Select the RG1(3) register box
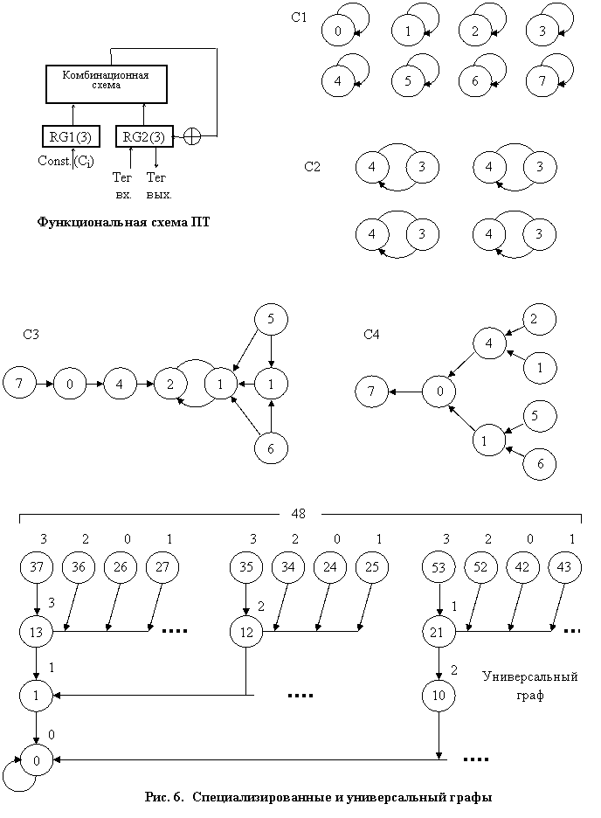point(71,136)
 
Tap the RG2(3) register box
point(144,136)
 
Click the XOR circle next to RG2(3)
point(192,136)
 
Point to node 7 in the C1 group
point(542,81)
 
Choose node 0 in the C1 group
point(338,31)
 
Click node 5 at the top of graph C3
point(271,319)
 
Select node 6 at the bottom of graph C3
point(271,447)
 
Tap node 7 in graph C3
point(19,384)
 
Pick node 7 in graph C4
point(371,392)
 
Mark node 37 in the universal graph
point(37,567)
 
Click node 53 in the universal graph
point(439,567)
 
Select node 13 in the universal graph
point(36,632)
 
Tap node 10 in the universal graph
point(439,696)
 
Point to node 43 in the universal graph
point(564,567)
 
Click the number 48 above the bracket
point(299,514)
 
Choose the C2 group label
point(312,167)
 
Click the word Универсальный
point(530,677)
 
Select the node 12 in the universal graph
point(246,632)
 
